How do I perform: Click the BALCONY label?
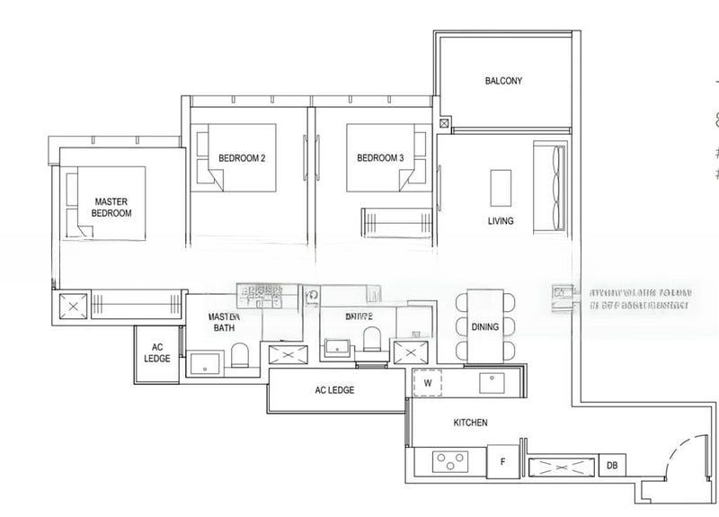(503, 81)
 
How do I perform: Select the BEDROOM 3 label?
(380, 159)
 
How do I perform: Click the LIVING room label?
(501, 221)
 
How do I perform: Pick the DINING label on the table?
(485, 327)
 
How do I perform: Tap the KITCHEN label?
(470, 422)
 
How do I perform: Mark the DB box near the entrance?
(612, 465)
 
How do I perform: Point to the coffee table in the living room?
(501, 188)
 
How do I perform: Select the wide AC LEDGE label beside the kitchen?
(334, 390)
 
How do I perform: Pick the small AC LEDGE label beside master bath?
(156, 352)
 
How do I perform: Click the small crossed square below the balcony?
(444, 123)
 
